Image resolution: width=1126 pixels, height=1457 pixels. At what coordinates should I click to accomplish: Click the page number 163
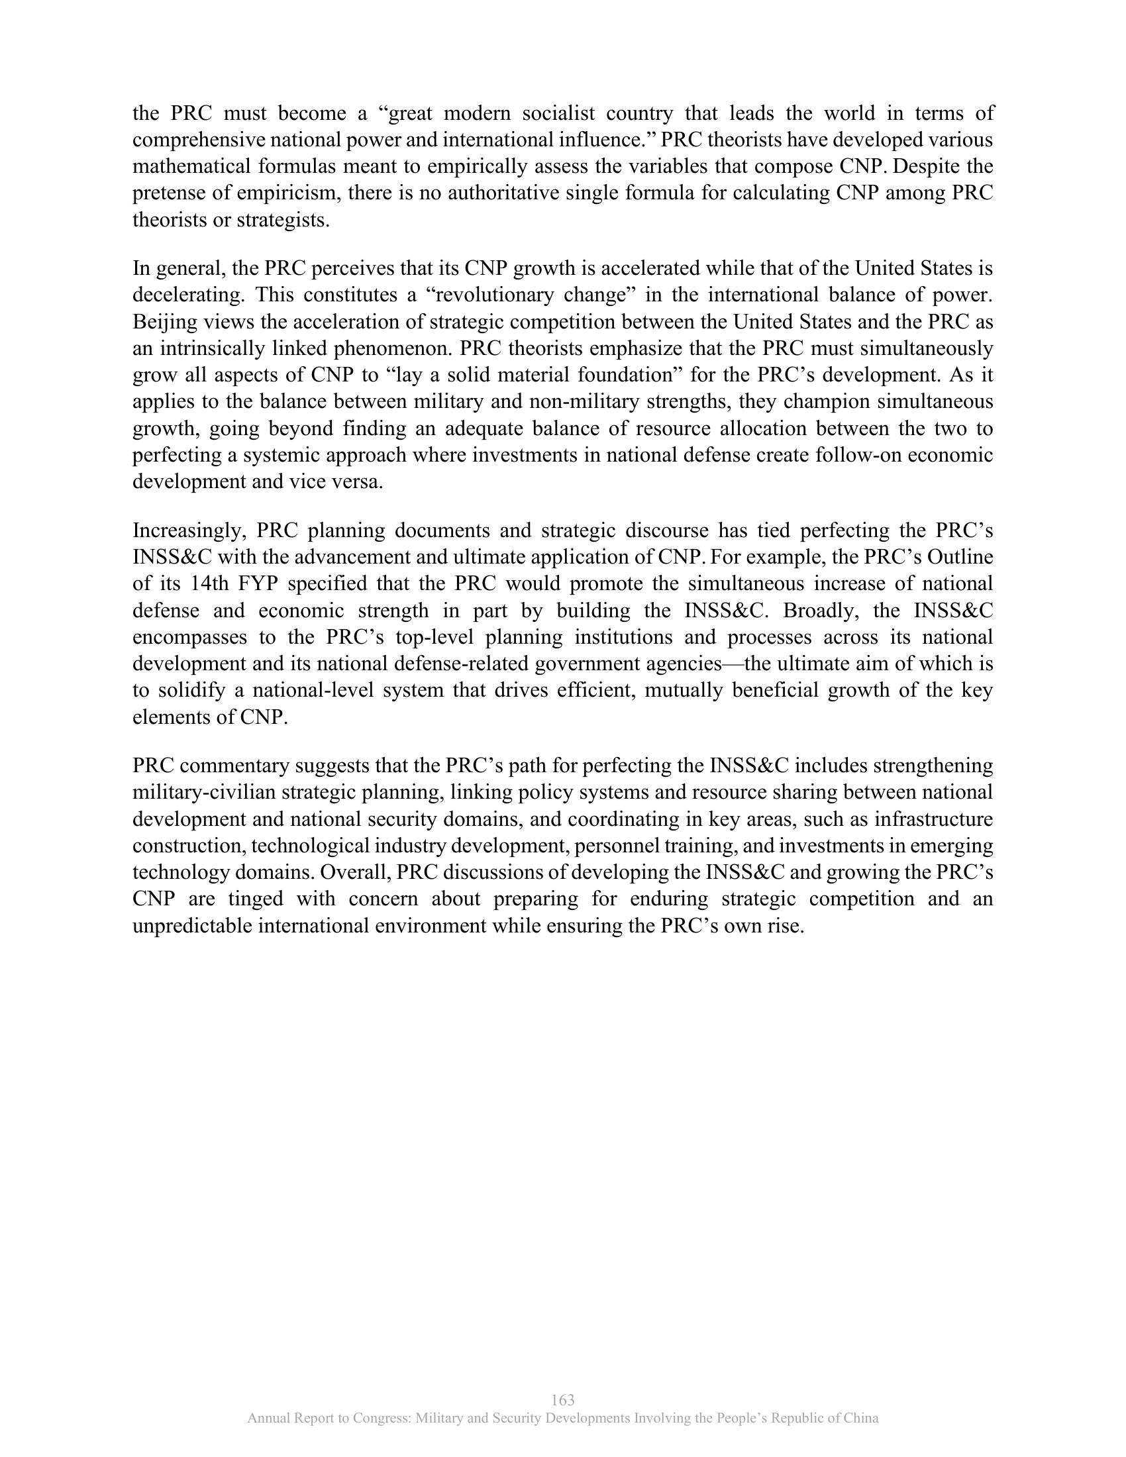pos(563,1400)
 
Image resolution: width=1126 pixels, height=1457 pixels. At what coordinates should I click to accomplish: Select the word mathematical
pos(188,167)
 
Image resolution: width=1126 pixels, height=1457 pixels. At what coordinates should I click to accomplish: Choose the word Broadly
pos(822,611)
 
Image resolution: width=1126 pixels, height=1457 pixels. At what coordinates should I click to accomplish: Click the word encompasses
pos(189,638)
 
